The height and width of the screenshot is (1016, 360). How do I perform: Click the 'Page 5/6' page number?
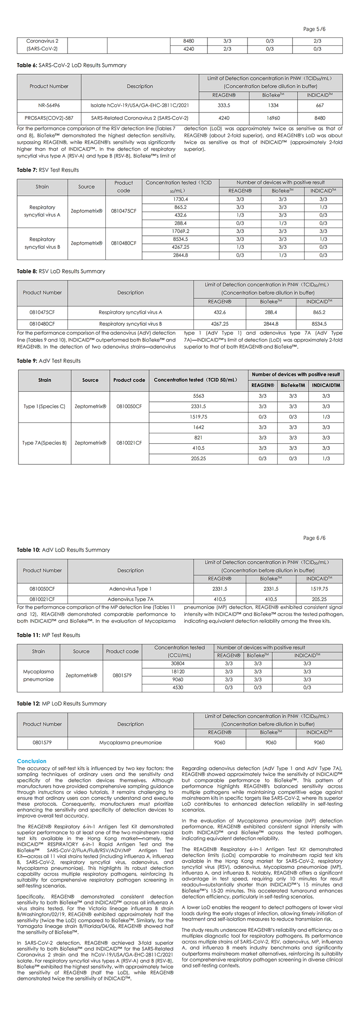(x=314, y=29)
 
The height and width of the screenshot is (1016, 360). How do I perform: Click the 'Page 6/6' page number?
(x=314, y=538)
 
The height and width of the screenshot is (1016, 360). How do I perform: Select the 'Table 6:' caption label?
(x=27, y=65)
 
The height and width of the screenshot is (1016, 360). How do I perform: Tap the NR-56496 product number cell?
(x=49, y=105)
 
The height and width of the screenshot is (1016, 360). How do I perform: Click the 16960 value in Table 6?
(x=273, y=118)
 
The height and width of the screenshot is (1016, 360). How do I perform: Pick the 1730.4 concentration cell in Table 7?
(x=180, y=199)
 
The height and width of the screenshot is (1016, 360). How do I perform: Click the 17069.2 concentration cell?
(x=180, y=231)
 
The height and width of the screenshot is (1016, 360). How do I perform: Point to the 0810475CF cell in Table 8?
(x=42, y=312)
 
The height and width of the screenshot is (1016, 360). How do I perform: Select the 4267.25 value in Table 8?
(x=220, y=324)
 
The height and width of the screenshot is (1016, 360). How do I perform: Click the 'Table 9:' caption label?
(x=27, y=361)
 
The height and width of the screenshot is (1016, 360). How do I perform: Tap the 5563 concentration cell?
(x=198, y=396)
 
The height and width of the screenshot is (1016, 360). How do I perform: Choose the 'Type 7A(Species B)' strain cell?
(x=45, y=443)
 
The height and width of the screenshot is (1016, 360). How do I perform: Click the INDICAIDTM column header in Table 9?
(x=326, y=385)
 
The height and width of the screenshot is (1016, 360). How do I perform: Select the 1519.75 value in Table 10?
(x=319, y=589)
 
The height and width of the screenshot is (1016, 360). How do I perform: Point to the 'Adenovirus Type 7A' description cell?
(x=130, y=599)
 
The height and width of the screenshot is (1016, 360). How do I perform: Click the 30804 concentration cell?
(x=178, y=663)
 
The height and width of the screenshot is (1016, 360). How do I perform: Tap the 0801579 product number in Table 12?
(x=42, y=742)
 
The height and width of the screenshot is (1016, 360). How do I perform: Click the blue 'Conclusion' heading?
(x=31, y=761)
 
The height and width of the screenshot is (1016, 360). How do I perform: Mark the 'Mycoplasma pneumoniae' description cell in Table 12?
(x=130, y=742)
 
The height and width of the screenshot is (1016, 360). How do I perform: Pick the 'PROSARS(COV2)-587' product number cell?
(x=49, y=118)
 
